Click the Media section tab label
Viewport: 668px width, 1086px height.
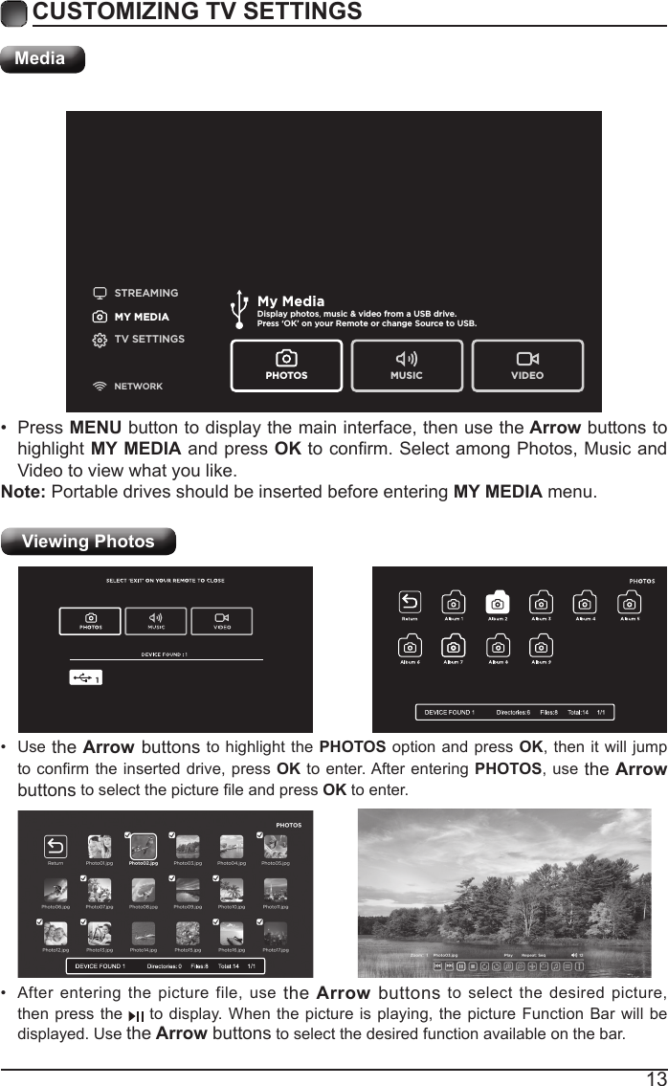[41, 58]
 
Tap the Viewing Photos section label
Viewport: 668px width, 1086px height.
[88, 542]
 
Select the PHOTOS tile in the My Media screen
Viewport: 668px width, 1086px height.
[286, 366]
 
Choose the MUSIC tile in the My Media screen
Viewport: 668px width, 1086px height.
[407, 366]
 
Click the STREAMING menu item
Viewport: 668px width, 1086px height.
[145, 293]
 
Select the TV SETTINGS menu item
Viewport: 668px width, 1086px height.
[148, 339]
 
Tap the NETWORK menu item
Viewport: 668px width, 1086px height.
[138, 387]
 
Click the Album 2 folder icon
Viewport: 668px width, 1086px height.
[497, 604]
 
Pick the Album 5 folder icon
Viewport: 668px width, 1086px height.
[630, 604]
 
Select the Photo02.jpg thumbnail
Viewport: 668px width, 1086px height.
[143, 846]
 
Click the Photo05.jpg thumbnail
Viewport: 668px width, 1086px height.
[275, 846]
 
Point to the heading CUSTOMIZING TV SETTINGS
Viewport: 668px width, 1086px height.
[197, 12]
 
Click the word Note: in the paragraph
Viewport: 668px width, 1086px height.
[24, 493]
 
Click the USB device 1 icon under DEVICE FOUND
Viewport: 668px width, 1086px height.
[86, 677]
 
